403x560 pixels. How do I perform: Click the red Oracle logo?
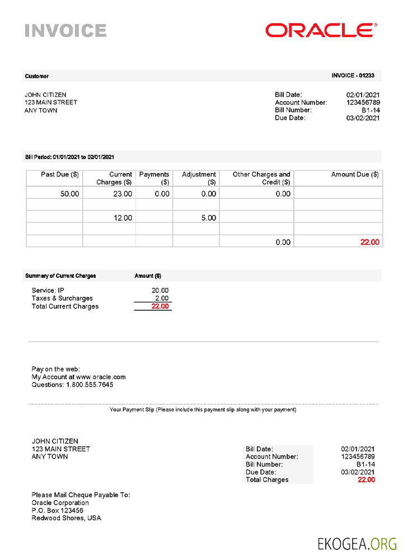pos(321,30)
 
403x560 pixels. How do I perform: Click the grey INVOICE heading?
pos(65,30)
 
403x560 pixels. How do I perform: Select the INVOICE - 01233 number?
pos(353,76)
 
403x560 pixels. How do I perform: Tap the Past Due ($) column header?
pos(60,175)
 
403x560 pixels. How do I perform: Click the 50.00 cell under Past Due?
pos(70,194)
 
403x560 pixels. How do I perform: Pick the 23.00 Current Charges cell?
pos(123,194)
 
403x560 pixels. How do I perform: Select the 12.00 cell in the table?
pos(123,218)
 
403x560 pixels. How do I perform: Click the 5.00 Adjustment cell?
pos(208,218)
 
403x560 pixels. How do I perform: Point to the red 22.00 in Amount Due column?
pos(370,242)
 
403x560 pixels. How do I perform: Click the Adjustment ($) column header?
pos(199,178)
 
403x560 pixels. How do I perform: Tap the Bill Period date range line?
pos(69,157)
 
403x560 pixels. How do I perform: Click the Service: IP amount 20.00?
pos(160,290)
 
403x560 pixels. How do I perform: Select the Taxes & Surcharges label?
pos(62,298)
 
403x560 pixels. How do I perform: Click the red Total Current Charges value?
pos(160,306)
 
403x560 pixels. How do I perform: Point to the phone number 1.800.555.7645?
pos(90,385)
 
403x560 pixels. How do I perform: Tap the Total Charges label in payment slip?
pos(267,480)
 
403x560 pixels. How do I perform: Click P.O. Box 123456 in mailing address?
pos(58,511)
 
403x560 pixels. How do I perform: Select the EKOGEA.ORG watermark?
pos(357,543)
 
